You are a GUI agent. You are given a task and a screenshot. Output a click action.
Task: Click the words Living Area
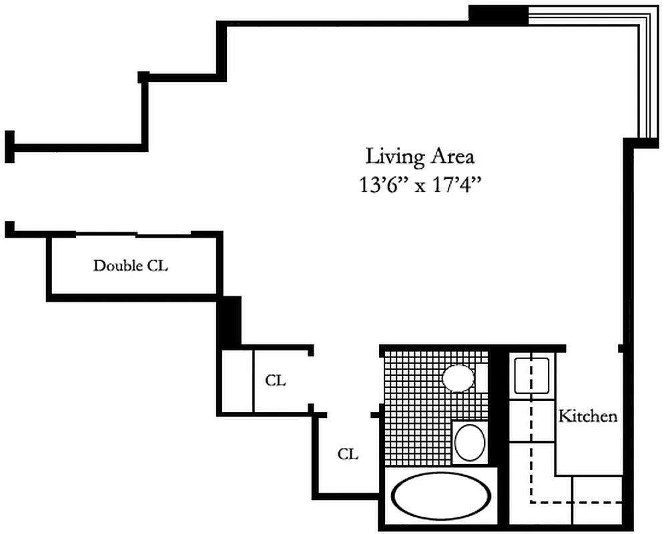pos(420,157)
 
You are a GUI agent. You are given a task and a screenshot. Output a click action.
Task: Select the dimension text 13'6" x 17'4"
pos(420,185)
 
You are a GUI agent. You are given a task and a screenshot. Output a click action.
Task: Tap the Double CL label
pos(130,266)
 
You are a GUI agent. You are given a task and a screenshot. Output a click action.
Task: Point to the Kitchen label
pos(587,417)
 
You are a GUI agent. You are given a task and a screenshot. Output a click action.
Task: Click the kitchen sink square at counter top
pos(532,376)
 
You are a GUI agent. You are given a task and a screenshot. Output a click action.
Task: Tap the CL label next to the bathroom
pos(348,455)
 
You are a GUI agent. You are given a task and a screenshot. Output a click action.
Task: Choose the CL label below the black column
pos(276,381)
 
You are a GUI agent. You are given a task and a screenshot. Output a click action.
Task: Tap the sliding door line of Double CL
pos(133,235)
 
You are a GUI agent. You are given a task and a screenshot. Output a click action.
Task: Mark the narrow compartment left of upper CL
pos(237,380)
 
